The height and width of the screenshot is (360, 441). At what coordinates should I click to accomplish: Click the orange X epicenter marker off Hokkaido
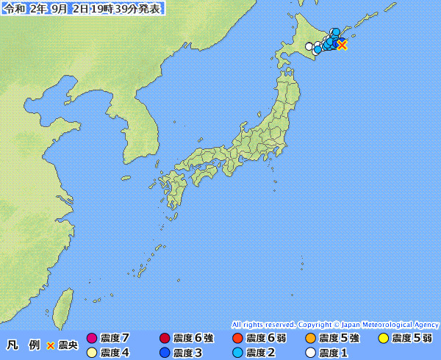[342, 45]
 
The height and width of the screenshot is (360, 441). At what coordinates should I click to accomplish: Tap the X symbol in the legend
[50, 345]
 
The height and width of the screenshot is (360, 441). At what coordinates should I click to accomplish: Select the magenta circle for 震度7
[92, 339]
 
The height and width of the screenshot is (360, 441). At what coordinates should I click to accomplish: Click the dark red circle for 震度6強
[165, 339]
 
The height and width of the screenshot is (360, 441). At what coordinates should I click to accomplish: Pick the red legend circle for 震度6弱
[237, 339]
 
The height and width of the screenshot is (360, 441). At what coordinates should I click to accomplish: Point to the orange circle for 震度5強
[309, 339]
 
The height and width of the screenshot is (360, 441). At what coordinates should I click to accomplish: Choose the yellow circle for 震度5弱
[382, 339]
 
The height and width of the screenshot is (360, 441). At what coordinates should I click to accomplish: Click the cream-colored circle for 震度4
[92, 353]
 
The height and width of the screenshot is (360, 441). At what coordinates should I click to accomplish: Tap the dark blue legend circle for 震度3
[165, 353]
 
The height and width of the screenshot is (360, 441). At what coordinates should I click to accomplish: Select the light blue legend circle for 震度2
[237, 353]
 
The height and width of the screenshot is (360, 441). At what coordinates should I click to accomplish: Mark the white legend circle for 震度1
[309, 353]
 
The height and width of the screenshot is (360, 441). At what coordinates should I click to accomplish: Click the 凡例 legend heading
[23, 345]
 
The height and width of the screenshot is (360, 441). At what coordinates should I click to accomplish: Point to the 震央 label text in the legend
[68, 345]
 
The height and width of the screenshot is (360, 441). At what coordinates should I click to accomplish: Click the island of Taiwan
[65, 305]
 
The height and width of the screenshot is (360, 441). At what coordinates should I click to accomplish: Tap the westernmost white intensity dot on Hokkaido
[309, 46]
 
